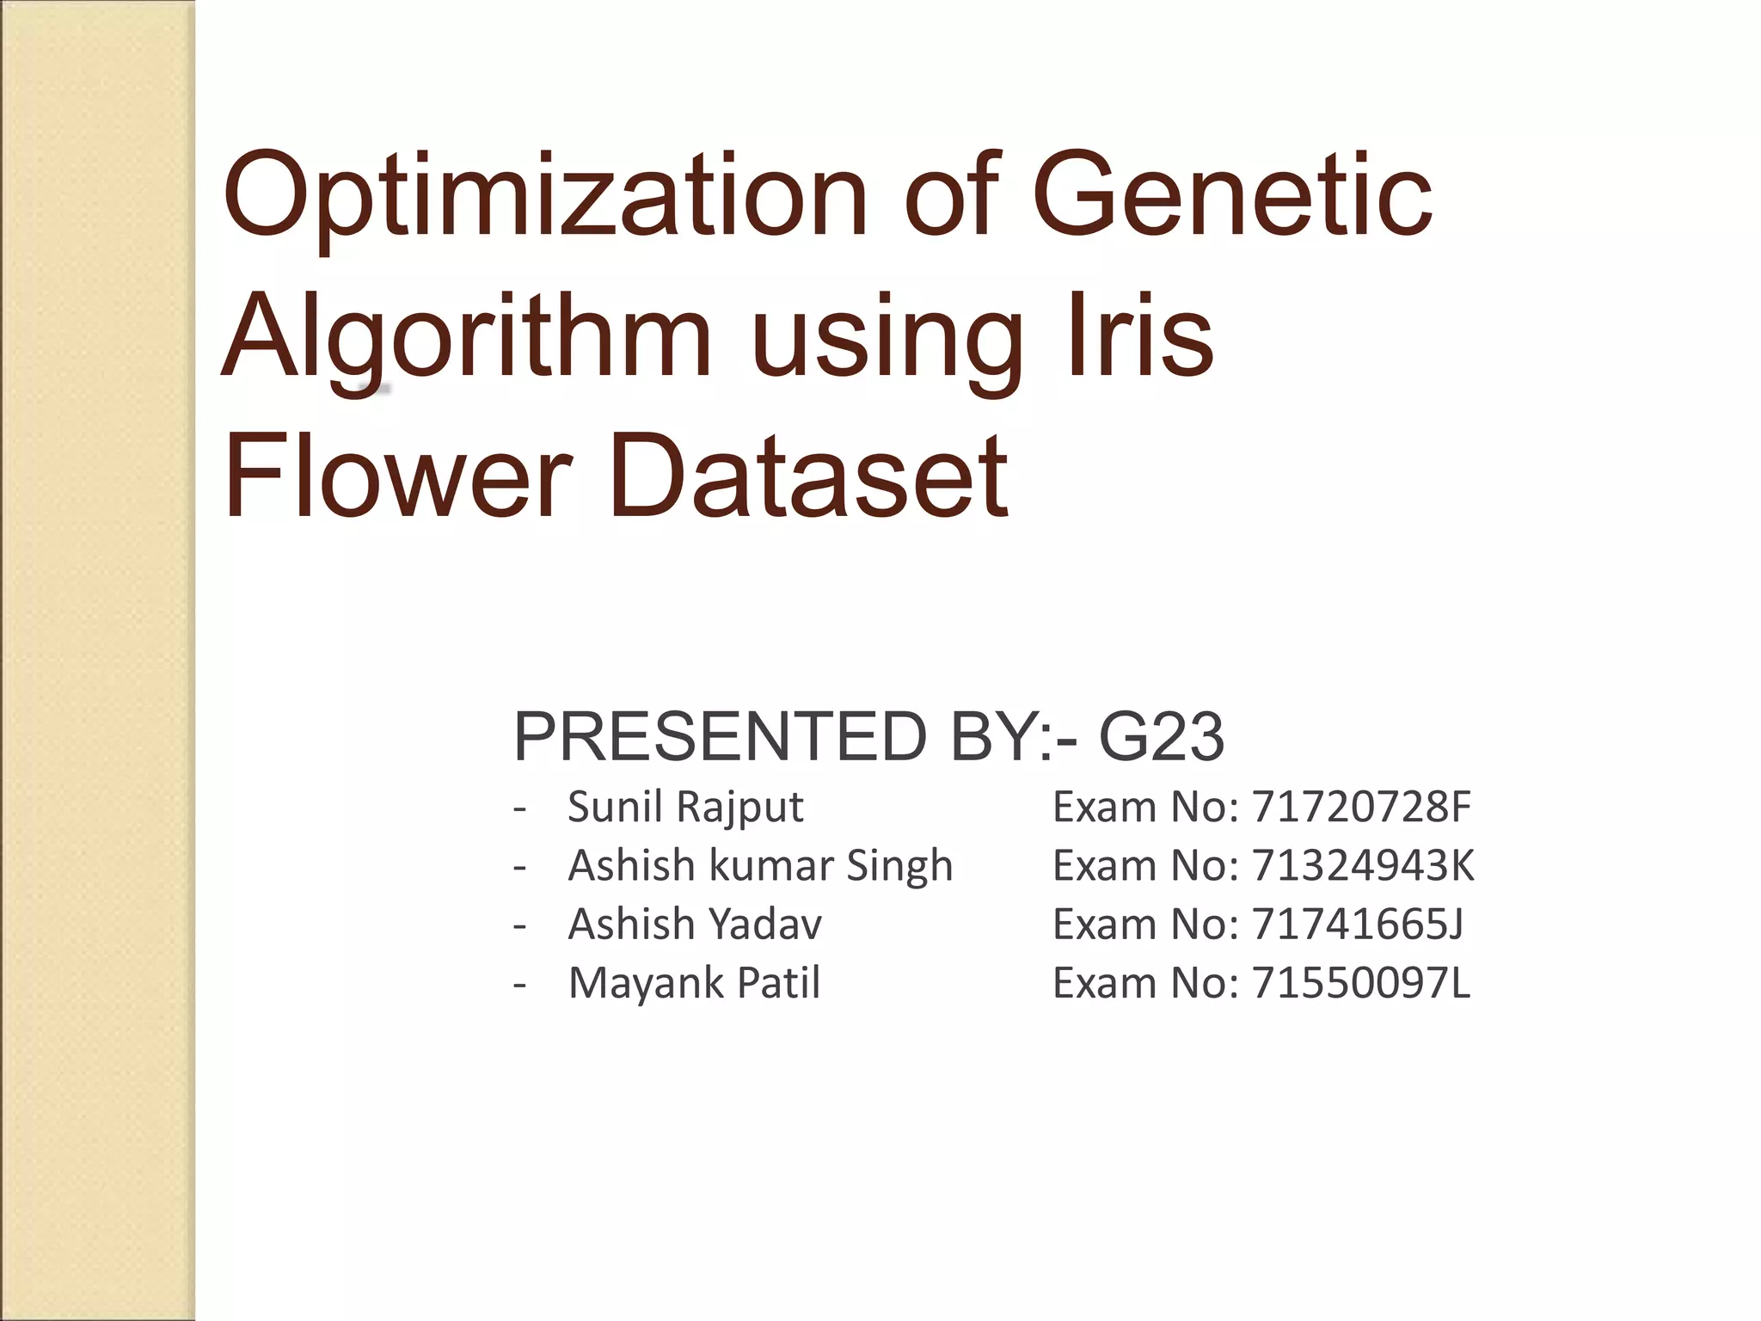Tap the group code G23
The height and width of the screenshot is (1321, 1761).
point(1162,736)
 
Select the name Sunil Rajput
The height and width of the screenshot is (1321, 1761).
point(685,808)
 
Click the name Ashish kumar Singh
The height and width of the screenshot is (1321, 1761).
point(760,865)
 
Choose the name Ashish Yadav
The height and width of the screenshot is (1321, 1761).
point(695,924)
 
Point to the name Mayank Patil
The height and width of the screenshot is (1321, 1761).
point(694,982)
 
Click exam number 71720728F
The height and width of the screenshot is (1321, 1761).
point(1361,808)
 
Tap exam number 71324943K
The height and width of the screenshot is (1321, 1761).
point(1363,865)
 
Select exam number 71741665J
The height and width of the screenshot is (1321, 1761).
point(1358,924)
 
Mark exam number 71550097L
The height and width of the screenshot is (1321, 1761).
point(1361,982)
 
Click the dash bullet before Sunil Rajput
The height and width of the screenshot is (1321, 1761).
point(519,809)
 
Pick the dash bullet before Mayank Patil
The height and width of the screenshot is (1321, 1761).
point(519,984)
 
